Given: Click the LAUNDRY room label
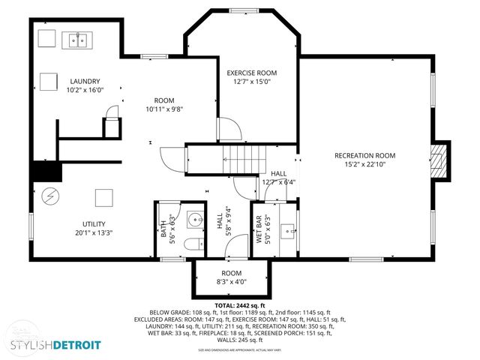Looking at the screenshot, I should (85, 81).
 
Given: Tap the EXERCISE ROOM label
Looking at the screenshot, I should (252, 73).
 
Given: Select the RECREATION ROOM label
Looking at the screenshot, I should (364, 155).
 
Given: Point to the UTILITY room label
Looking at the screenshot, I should (94, 223).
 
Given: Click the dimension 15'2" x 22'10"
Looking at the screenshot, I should (364, 164).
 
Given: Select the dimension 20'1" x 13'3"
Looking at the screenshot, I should (94, 232).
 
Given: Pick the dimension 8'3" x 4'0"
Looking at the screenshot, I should (231, 282).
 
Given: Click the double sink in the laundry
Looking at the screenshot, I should (77, 40).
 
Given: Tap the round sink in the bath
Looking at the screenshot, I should (194, 220).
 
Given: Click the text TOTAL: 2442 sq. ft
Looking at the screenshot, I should (240, 306).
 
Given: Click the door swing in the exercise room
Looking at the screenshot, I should (229, 130).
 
